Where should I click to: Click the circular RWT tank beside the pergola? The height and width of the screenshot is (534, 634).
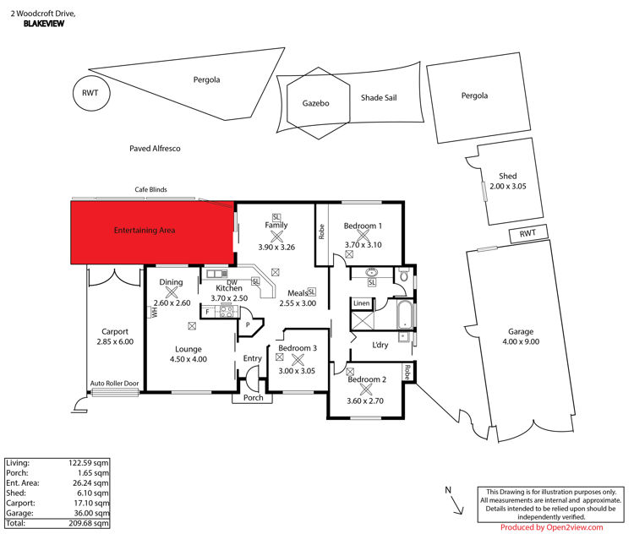[x=91, y=93]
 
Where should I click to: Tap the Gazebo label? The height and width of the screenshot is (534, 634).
[x=316, y=103]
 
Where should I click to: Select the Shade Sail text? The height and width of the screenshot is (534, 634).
[x=379, y=97]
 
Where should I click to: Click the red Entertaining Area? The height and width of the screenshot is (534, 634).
[x=152, y=233]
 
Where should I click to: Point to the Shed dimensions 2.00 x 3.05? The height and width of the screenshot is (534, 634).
[x=508, y=187]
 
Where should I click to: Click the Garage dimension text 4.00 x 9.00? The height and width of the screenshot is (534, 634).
[x=521, y=341]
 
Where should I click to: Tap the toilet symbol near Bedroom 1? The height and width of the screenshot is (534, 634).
[x=403, y=275]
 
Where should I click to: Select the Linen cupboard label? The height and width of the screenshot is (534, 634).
[x=362, y=303]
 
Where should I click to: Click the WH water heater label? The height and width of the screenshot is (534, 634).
[x=154, y=312]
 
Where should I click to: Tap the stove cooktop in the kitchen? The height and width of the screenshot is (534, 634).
[x=226, y=311]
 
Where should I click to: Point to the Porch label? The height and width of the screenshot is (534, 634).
[x=253, y=398]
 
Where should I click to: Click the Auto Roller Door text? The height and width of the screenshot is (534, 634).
[x=114, y=384]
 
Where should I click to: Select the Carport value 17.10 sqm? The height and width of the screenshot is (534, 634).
[x=91, y=503]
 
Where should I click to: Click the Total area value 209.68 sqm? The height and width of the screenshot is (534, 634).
[x=89, y=523]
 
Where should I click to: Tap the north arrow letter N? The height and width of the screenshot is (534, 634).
[x=448, y=490]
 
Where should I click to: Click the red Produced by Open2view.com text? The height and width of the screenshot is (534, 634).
[x=551, y=527]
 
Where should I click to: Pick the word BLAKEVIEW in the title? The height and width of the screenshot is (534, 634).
[x=44, y=24]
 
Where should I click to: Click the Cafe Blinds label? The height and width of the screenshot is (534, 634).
[x=150, y=189]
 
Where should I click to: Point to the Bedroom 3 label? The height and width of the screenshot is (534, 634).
[x=298, y=348]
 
